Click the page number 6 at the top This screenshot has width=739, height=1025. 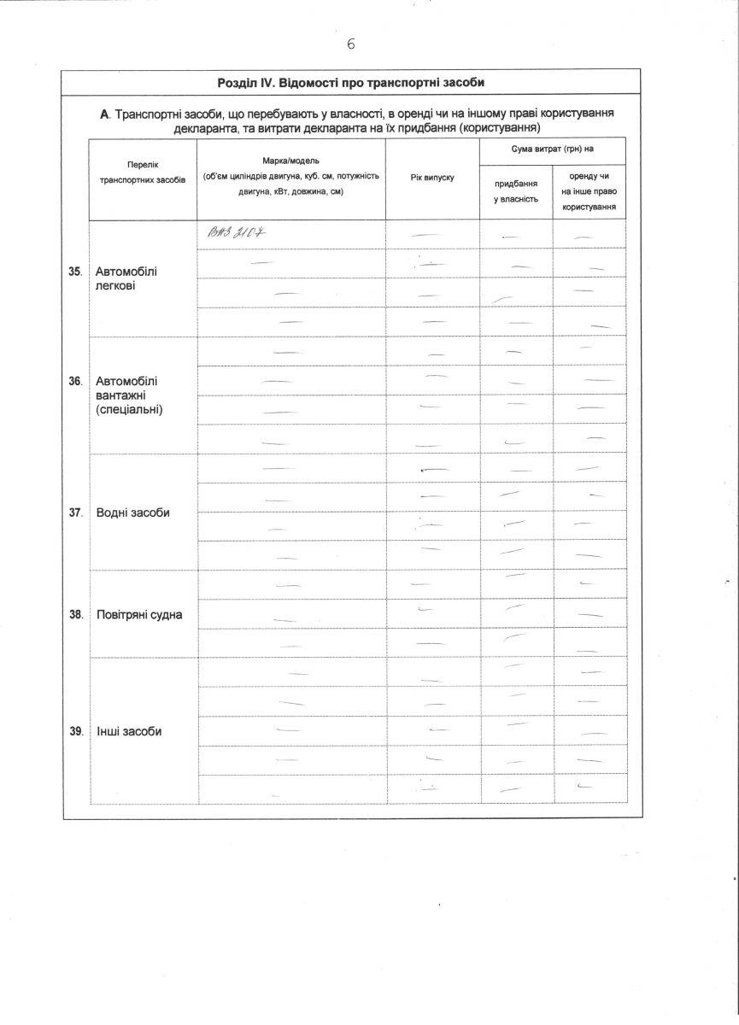[351, 44]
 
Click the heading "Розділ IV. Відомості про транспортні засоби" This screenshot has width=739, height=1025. [351, 83]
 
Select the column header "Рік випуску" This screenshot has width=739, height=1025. [432, 177]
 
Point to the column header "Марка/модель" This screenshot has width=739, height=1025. [291, 161]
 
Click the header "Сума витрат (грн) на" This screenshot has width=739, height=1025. [552, 149]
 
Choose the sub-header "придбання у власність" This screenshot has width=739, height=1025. [516, 191]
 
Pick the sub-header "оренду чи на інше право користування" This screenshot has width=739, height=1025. [589, 191]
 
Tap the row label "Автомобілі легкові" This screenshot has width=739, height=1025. [126, 278]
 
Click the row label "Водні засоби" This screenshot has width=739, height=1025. [132, 512]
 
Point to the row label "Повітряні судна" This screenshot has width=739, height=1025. [138, 614]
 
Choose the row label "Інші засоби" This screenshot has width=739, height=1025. [129, 731]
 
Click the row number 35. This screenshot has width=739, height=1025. [75, 271]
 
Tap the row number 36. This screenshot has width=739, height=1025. [75, 381]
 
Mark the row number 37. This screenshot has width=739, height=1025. [75, 512]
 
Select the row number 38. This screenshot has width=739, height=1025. [75, 614]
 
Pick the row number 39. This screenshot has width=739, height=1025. [75, 731]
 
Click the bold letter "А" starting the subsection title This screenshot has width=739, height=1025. [105, 114]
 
